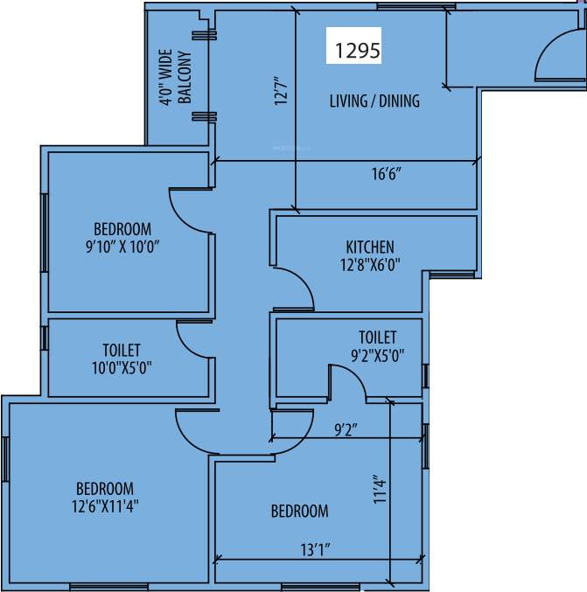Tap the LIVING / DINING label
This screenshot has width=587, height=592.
pos(374,101)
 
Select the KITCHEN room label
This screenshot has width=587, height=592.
pos(369,247)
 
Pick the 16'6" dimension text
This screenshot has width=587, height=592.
pos(386,174)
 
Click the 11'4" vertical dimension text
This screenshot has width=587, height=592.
pos(380,490)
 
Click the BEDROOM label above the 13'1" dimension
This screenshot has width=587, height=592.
pos(299,511)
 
